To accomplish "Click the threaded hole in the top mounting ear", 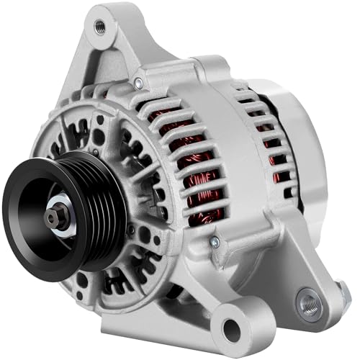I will coord(99,27).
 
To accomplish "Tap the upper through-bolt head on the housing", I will coord(138,85).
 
